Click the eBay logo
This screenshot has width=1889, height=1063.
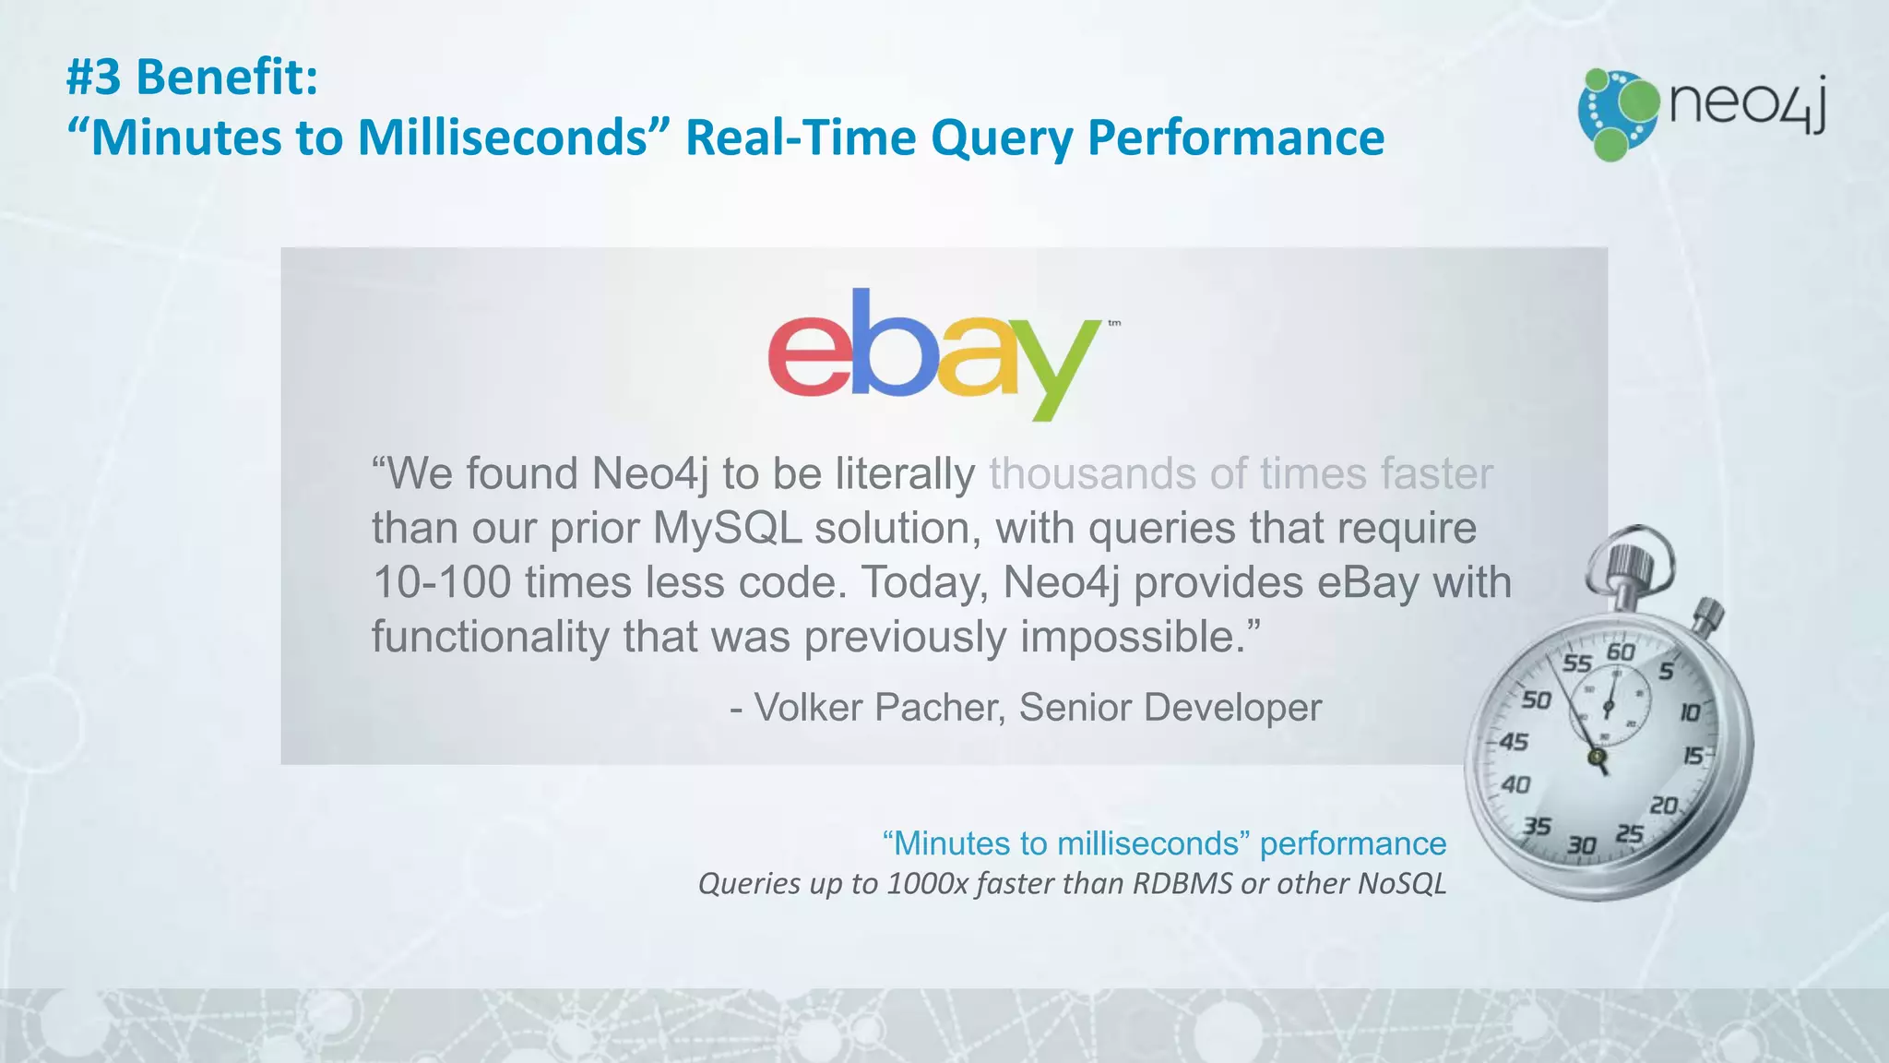(x=933, y=354)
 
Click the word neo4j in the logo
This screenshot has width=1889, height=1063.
(x=1747, y=103)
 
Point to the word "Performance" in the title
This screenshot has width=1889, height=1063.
(x=1236, y=138)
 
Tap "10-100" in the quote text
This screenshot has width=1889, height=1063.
(x=442, y=583)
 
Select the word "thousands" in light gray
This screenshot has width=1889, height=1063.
(x=1092, y=474)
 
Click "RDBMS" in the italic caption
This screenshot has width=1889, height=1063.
(x=1182, y=884)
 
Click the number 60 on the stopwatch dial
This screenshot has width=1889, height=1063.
(x=1621, y=652)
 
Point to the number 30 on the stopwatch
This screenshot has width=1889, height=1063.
(x=1581, y=845)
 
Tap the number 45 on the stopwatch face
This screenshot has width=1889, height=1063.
(x=1514, y=742)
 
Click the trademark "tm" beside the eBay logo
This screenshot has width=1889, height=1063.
(x=1114, y=323)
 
